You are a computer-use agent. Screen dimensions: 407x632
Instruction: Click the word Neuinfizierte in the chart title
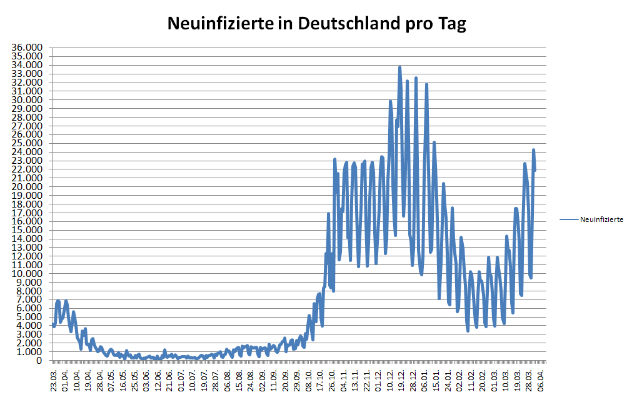[x=219, y=24]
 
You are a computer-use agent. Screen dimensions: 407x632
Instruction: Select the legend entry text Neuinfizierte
[x=601, y=219]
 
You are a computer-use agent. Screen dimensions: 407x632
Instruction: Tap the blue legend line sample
[x=569, y=219]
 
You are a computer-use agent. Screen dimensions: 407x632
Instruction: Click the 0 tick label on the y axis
[x=39, y=361]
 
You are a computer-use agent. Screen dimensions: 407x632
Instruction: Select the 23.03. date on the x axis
[x=54, y=379]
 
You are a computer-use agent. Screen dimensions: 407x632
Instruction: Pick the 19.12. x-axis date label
[x=400, y=379]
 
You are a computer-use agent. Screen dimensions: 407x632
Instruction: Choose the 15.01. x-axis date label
[x=436, y=379]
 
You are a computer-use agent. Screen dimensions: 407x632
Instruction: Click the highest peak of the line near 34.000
[x=399, y=67]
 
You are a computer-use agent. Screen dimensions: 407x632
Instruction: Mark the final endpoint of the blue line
[x=535, y=169]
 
